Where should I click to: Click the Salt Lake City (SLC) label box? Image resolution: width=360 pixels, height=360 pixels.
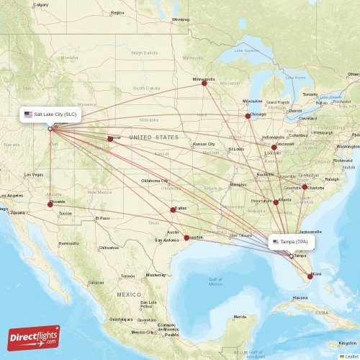click(x=53, y=114)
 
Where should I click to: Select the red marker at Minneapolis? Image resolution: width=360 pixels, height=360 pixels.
click(x=204, y=83)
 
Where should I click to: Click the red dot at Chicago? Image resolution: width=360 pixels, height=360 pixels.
click(x=248, y=116)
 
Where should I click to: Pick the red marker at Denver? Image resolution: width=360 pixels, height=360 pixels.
click(x=110, y=139)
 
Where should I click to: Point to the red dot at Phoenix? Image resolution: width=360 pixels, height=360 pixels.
click(x=50, y=204)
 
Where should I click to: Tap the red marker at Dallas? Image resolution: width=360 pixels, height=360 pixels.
click(x=173, y=210)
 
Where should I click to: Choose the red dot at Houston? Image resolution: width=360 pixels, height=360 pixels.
click(x=187, y=238)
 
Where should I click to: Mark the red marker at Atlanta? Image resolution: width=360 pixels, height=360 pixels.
click(x=276, y=202)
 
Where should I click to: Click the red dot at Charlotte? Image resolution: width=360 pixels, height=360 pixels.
click(x=305, y=187)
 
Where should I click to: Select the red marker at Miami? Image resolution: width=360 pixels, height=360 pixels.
click(x=310, y=276)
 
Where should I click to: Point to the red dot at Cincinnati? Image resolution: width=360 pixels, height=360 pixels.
click(x=274, y=147)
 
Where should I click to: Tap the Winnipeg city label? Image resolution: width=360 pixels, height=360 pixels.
click(x=180, y=20)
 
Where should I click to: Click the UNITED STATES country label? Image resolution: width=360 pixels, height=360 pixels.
click(x=153, y=137)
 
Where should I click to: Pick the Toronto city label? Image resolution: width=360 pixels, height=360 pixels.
click(x=310, y=95)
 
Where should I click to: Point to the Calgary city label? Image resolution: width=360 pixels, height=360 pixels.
click(x=40, y=4)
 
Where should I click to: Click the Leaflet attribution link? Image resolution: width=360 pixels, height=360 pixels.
click(x=350, y=356)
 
